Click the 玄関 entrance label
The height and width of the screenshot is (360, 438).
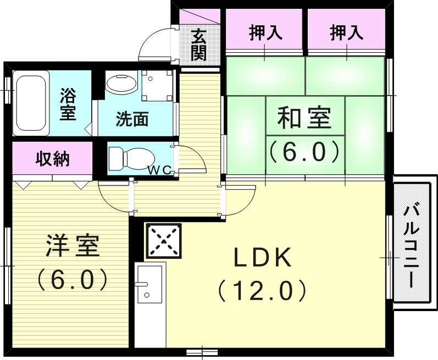[x=198, y=45]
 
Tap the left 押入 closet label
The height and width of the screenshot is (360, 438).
[x=266, y=34]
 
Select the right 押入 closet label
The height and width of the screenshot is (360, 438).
[x=346, y=34]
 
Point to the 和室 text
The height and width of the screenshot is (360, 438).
[x=304, y=118]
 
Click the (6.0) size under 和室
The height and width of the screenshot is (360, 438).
[x=304, y=151]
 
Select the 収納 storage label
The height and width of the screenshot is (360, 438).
[x=53, y=159]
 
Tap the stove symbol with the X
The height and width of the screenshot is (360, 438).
[x=163, y=241]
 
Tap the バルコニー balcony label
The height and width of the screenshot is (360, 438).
[x=412, y=245]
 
